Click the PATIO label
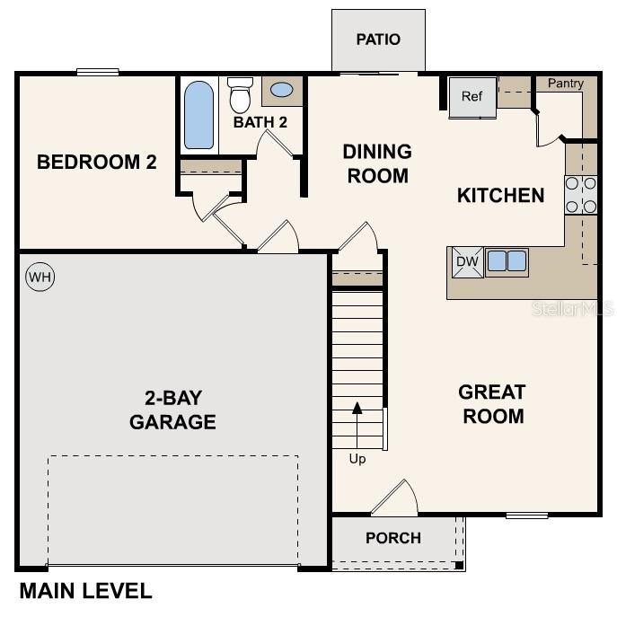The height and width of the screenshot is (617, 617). pos(378,40)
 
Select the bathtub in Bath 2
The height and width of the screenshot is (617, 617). pos(198,115)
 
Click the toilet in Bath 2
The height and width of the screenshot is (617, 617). pos(240,94)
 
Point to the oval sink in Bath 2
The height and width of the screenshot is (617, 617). pos(281,91)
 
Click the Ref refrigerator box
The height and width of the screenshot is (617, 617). pos(472,97)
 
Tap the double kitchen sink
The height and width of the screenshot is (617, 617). pos(507,261)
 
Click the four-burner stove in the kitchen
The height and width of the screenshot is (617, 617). pos(581,195)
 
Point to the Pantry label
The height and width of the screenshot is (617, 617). pos(566,84)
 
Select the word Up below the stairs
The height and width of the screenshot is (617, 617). pos(357,459)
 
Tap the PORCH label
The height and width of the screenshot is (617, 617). pos(393,538)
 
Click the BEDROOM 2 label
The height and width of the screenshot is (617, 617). pos(97,163)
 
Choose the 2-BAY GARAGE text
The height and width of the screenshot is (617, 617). pos(172,410)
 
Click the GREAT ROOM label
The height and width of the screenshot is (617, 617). pos(491,404)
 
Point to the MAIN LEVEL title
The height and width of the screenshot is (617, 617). pos(85,591)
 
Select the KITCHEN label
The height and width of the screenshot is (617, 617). pos(500,195)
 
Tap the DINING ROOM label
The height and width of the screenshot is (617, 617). pos(377,163)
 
